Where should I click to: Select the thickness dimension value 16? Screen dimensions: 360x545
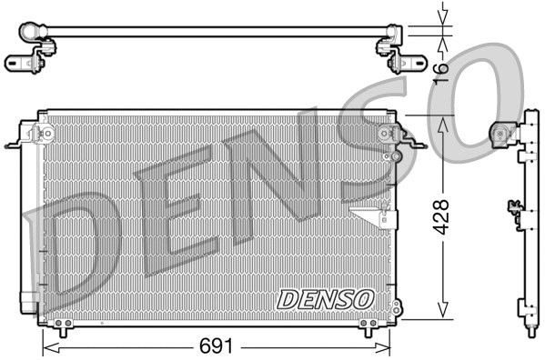pyautogui.click(x=443, y=68)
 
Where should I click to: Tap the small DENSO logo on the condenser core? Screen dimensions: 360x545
pyautogui.click(x=325, y=298)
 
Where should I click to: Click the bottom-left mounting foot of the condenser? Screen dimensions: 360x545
pyautogui.click(x=60, y=324)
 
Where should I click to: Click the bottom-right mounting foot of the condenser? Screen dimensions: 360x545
pyautogui.click(x=368, y=324)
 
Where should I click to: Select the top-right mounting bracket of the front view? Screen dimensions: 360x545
pyautogui.click(x=391, y=136)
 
